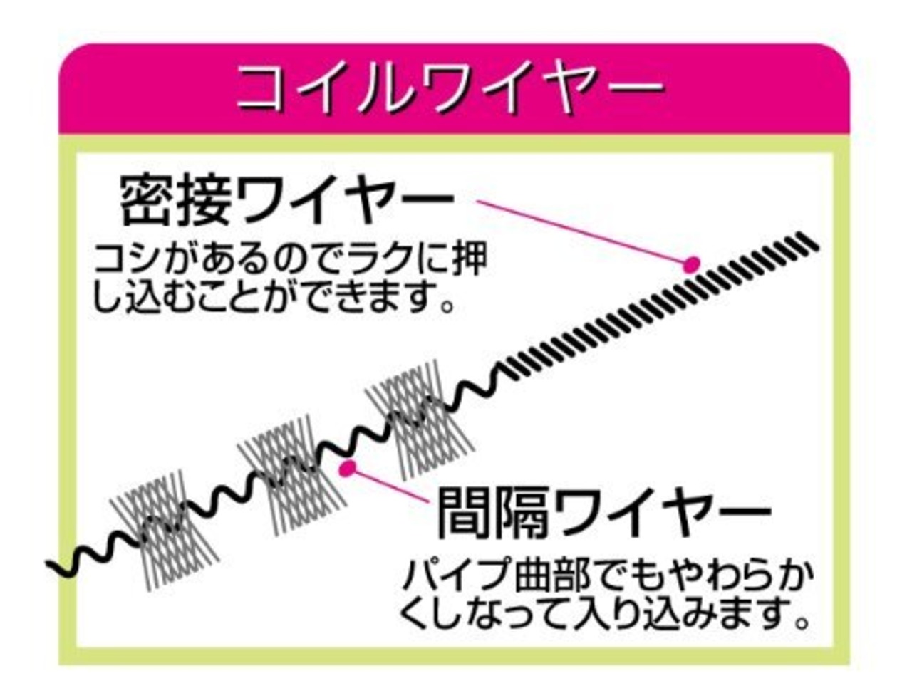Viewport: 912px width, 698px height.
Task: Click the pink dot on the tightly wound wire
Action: tap(690, 265)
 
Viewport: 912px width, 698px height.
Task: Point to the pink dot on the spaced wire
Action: tap(348, 468)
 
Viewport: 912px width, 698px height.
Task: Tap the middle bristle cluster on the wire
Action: tap(292, 467)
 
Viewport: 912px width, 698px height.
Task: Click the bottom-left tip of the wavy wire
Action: tap(51, 566)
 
